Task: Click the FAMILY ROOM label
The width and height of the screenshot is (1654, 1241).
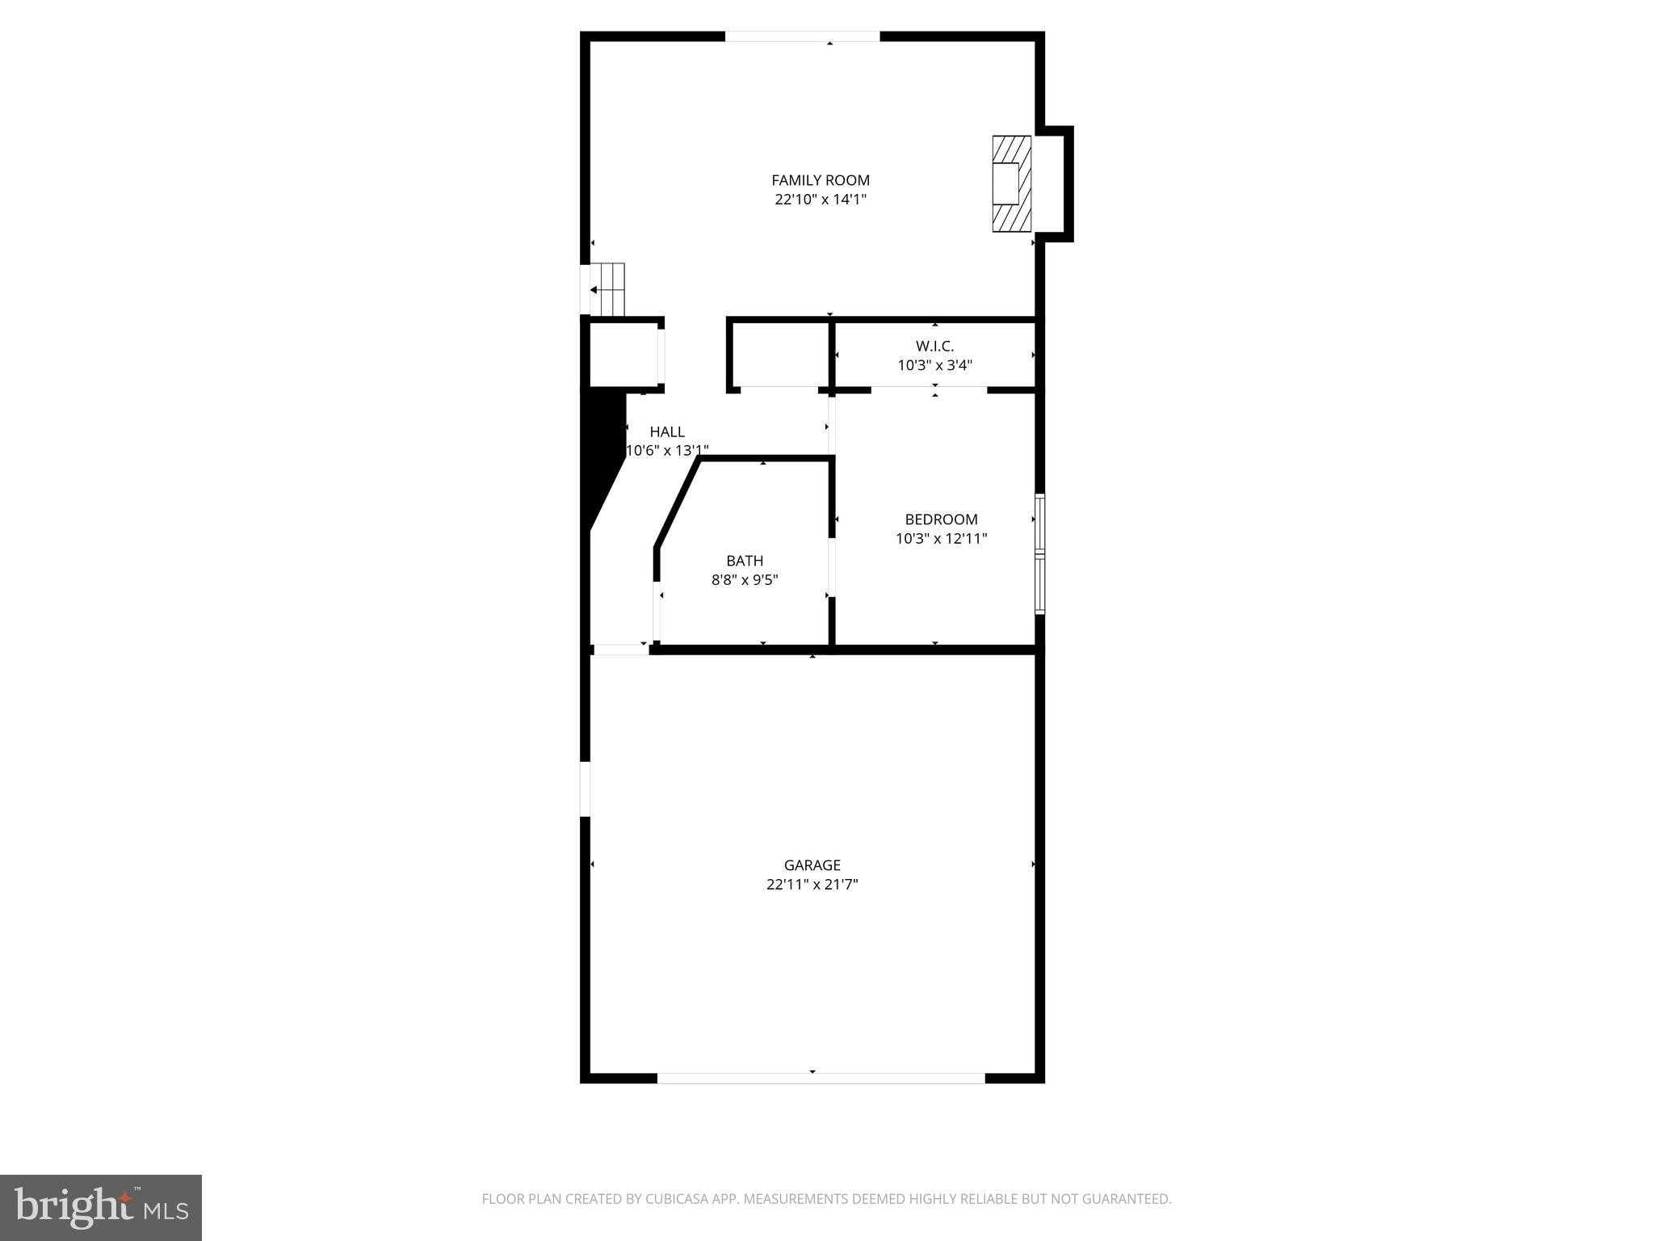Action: (x=820, y=180)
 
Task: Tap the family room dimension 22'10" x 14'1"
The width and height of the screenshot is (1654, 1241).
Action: (x=820, y=200)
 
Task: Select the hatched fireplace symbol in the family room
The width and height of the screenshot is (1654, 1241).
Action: (x=1011, y=184)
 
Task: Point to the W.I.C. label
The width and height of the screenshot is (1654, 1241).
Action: (x=934, y=346)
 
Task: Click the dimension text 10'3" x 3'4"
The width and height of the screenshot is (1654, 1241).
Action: (x=934, y=365)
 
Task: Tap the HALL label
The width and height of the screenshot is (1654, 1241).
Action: (x=667, y=431)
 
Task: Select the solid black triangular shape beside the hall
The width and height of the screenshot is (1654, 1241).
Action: (x=602, y=452)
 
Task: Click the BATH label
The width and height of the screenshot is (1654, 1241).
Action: (x=744, y=561)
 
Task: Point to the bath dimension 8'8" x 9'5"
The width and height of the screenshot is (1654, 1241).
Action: (x=744, y=580)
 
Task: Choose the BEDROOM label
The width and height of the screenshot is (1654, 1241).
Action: (x=941, y=520)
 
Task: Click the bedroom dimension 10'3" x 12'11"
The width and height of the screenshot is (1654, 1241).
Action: (x=941, y=539)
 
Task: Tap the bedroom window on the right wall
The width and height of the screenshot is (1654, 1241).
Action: (x=1039, y=553)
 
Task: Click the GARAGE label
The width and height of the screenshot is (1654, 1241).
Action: (x=812, y=865)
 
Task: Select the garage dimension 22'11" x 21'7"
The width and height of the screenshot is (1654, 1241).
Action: (x=812, y=885)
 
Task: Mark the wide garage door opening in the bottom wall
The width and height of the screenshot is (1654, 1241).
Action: (x=820, y=1078)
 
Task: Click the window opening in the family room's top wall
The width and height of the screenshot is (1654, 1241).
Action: (x=801, y=36)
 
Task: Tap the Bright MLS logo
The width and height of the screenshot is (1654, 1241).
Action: (x=101, y=1208)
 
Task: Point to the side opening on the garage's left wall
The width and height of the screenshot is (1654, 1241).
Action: (x=586, y=789)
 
